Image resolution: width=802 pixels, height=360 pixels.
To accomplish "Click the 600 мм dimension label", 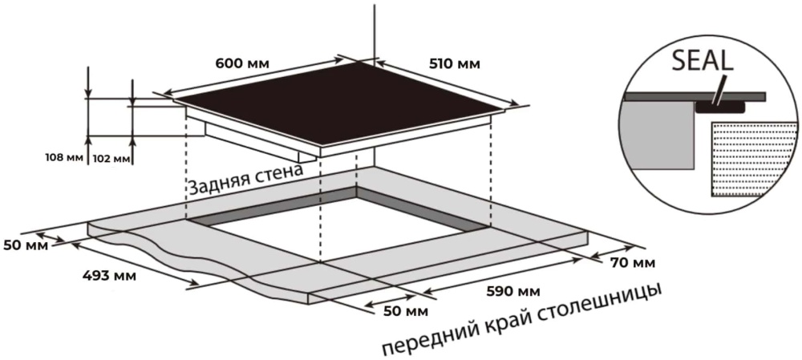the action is [242, 64].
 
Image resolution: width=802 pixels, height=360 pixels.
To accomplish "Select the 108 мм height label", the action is [64, 157].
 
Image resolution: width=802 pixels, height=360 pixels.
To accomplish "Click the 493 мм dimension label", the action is [109, 276].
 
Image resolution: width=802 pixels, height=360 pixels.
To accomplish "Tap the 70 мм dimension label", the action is [633, 263].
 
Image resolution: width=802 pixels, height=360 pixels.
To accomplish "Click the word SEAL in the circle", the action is [703, 60].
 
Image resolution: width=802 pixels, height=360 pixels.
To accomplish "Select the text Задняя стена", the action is [245, 180].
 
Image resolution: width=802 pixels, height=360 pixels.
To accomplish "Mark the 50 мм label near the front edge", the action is [407, 311].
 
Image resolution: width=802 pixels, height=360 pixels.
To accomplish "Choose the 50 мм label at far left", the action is [26, 245].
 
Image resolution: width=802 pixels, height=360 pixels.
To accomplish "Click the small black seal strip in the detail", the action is [719, 106].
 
